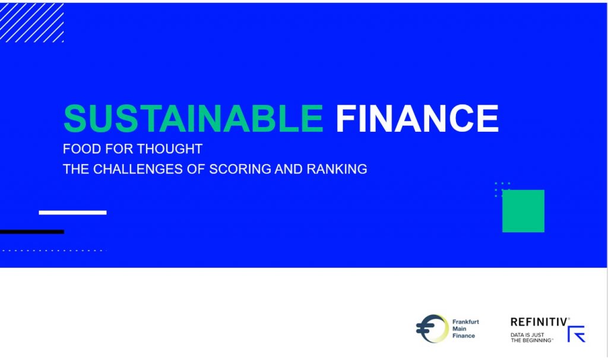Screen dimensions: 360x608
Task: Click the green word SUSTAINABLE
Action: click(193, 119)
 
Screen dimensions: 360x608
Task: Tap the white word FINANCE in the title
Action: click(417, 119)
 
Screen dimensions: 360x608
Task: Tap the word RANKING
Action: click(337, 169)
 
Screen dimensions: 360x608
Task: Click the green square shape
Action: click(523, 211)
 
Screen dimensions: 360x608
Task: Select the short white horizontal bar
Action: click(72, 212)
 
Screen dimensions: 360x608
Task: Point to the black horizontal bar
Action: click(31, 232)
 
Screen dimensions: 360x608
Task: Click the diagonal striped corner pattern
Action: click(31, 23)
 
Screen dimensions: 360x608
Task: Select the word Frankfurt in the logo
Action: click(465, 322)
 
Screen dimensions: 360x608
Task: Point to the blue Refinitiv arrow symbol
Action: click(576, 334)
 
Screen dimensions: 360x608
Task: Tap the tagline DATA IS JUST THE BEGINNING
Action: click(531, 337)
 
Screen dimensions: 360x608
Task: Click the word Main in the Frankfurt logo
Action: click(458, 329)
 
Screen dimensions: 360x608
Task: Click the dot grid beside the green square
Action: click(502, 190)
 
